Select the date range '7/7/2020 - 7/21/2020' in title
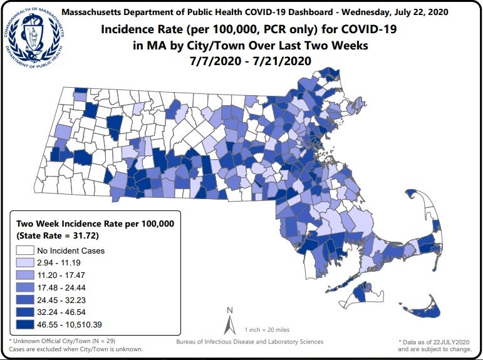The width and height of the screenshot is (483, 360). (250, 60)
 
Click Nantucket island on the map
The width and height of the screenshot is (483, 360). (418, 306)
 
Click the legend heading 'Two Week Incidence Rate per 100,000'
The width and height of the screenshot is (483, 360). (94, 224)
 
